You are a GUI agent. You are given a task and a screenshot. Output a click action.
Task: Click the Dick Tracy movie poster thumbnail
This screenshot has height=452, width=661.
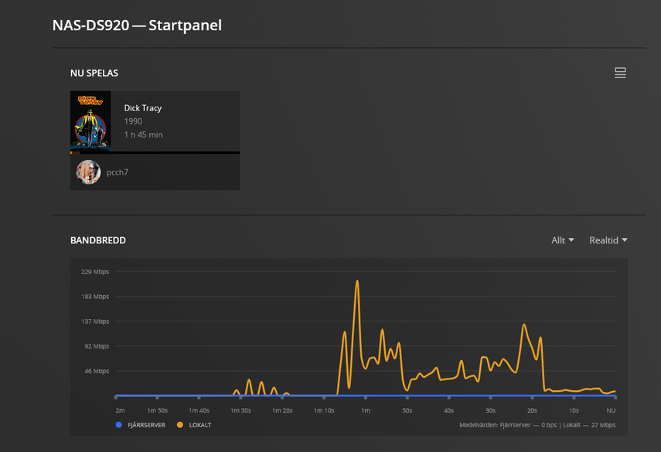tap(90, 121)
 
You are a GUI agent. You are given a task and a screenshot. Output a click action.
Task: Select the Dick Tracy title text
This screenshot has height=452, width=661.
tap(143, 108)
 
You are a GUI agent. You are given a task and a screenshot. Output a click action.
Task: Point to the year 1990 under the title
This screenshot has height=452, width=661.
tap(133, 121)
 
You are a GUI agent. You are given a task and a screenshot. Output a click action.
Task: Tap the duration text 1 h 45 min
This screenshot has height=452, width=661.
tap(143, 134)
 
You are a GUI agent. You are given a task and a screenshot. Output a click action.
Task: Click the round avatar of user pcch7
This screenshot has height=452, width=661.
tap(88, 172)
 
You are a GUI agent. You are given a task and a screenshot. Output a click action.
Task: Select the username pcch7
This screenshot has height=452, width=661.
tap(118, 172)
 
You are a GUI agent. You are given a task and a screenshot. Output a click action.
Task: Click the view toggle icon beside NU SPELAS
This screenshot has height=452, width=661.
tap(619, 73)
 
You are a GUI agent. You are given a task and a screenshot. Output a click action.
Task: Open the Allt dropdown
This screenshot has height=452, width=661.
tap(562, 240)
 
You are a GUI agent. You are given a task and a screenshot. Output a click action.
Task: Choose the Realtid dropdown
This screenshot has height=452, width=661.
tap(608, 240)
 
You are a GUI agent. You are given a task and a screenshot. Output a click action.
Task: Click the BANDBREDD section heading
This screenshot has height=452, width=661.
tap(98, 240)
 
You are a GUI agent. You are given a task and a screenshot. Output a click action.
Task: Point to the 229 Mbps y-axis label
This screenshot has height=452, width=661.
tap(95, 271)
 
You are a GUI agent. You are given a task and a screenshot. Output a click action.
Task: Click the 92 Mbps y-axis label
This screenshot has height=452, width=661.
tap(97, 346)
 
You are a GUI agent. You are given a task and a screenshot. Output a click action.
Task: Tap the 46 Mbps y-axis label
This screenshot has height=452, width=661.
tap(97, 371)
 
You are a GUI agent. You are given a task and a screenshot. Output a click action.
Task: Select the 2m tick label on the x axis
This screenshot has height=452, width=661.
tap(120, 410)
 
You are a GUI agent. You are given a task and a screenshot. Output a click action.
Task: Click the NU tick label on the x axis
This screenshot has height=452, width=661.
tap(611, 410)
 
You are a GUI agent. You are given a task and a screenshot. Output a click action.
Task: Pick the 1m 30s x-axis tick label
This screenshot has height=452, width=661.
tap(240, 410)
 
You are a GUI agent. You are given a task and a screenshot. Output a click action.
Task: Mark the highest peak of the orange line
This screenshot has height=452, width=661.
tap(357, 281)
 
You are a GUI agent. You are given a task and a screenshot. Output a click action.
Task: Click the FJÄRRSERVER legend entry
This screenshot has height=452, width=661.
tap(140, 425)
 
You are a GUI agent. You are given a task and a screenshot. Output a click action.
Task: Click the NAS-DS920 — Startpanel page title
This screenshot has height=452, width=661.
tap(137, 25)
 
